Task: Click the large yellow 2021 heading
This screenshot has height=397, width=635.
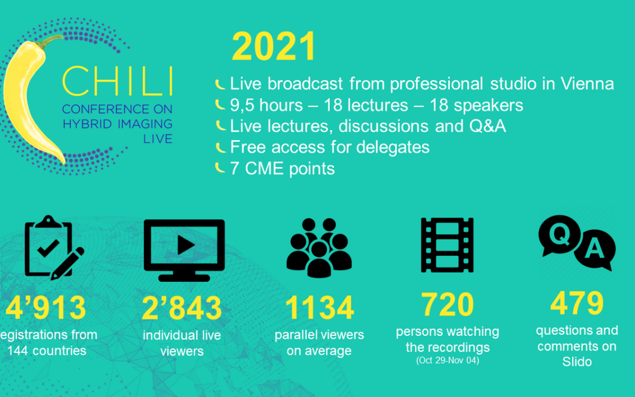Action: point(274,46)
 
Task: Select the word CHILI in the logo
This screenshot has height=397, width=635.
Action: point(118,82)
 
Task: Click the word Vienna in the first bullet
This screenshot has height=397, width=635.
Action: point(587,84)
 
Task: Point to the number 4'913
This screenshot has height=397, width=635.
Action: point(46,308)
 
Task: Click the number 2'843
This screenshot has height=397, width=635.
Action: point(182,308)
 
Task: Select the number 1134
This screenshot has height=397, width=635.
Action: point(319,308)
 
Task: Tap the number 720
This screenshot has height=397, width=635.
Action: point(447,304)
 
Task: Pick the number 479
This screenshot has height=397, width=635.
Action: point(577,303)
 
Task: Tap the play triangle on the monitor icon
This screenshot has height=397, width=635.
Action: point(185,245)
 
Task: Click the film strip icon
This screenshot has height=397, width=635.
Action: point(447,245)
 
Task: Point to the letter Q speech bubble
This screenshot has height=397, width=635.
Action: point(559,235)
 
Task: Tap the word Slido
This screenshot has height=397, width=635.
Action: point(577,362)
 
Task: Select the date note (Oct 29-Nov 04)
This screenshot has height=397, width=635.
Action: point(447,360)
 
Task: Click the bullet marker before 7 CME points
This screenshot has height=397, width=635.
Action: point(220,167)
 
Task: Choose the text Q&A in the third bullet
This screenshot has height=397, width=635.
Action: point(487,126)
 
